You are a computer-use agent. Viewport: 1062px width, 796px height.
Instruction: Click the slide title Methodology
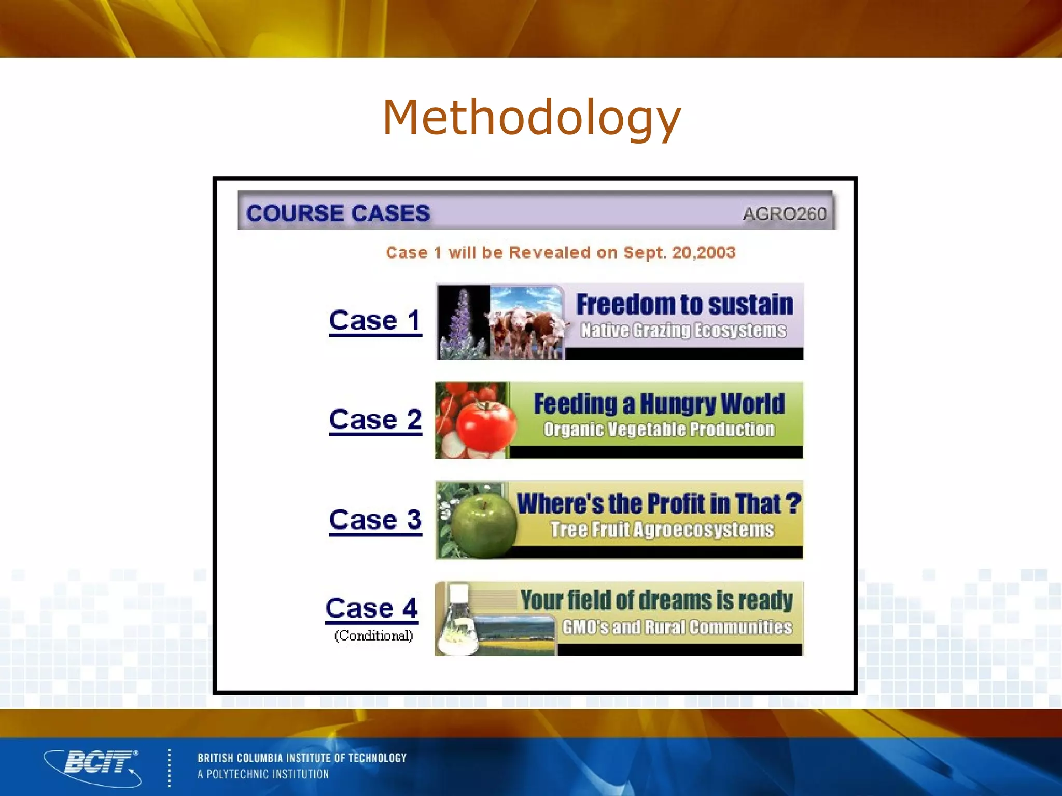(x=531, y=118)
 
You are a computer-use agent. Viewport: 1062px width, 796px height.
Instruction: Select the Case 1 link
(x=375, y=320)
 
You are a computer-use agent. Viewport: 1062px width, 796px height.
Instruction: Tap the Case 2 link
(x=375, y=419)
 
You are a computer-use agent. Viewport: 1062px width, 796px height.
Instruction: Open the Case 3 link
(x=375, y=519)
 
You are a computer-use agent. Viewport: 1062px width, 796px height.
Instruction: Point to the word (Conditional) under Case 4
(x=373, y=635)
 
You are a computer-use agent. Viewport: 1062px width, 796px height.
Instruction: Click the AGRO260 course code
(x=784, y=214)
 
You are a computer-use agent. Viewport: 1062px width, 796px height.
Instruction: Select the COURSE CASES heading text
(x=338, y=213)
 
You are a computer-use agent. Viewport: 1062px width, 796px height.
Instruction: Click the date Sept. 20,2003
(x=679, y=252)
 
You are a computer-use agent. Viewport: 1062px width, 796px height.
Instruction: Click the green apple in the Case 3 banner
(x=482, y=524)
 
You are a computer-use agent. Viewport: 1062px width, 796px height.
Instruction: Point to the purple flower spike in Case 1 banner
(x=462, y=324)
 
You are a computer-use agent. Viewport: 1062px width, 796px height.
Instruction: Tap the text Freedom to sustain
(x=684, y=304)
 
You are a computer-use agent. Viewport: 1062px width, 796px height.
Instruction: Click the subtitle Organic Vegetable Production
(x=659, y=430)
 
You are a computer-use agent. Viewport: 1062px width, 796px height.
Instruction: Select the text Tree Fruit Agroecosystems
(x=662, y=530)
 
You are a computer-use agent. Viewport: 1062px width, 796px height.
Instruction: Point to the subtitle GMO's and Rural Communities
(x=677, y=627)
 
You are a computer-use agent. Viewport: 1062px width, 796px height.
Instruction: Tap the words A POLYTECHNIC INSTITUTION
(x=263, y=774)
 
